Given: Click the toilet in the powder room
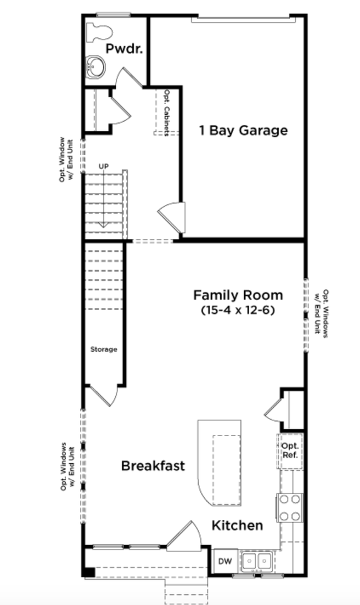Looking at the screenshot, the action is tap(99, 32).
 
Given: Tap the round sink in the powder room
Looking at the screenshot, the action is tap(95, 67).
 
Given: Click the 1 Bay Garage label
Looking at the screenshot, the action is tap(243, 130).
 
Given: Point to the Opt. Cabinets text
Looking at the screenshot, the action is tap(167, 113).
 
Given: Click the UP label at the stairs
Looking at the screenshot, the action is tap(103, 166).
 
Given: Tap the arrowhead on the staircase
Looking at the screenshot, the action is tap(103, 225).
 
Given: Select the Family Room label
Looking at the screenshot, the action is tap(238, 295).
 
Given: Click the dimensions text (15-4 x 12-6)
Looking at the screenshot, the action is tap(238, 310).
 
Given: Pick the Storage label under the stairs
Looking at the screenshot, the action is tap(103, 350).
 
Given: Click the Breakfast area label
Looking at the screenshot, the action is tap(153, 466).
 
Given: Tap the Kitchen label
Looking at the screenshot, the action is tap(237, 526).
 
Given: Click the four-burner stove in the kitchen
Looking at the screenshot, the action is tap(289, 507).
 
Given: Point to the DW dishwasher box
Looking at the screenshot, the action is tap(225, 561).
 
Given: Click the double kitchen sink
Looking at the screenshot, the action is tap(257, 561).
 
